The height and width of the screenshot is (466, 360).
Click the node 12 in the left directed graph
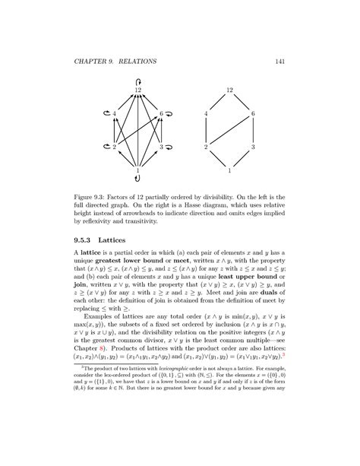pos(137,90)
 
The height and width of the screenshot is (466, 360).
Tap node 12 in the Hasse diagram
pos(229,90)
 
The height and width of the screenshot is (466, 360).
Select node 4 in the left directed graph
pos(115,114)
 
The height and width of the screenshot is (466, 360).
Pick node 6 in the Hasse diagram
pos(252,114)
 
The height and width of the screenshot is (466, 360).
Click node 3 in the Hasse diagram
pos(252,147)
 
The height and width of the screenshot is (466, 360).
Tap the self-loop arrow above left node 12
pos(137,80)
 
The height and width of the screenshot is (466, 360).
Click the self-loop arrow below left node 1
pos(137,180)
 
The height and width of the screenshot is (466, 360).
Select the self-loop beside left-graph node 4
pos(104,114)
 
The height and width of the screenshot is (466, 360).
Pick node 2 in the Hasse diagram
pos(207,147)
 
